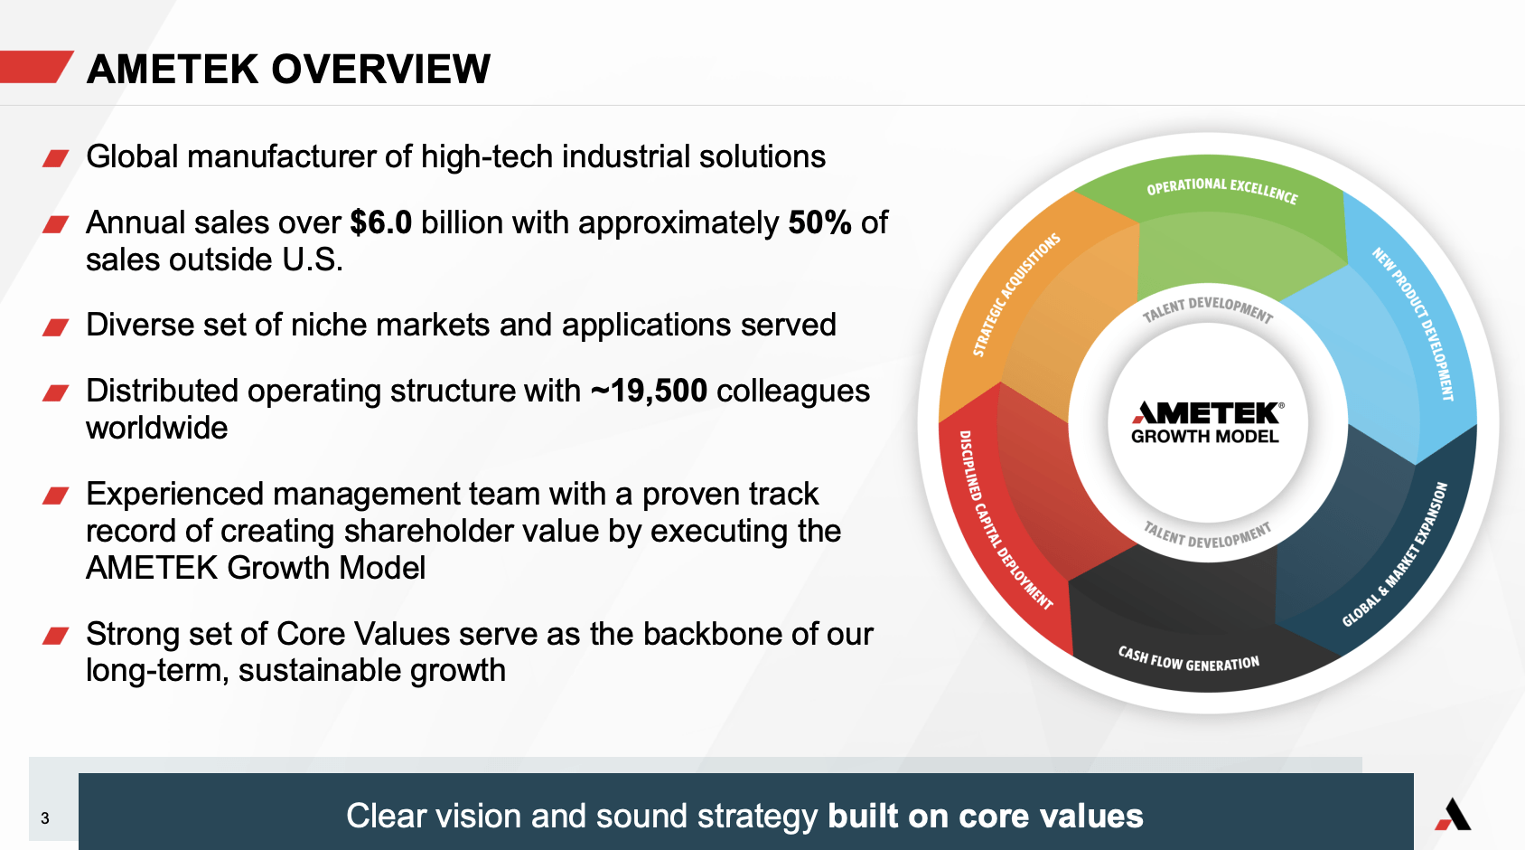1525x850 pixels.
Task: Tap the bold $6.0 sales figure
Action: [x=381, y=222]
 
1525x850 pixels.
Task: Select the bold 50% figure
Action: [x=819, y=222]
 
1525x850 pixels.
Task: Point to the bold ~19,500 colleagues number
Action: [x=649, y=392]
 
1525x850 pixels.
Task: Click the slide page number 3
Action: [x=45, y=818]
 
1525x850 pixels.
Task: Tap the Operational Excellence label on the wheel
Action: [x=1222, y=190]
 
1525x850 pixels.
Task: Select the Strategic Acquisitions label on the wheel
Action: [x=1015, y=295]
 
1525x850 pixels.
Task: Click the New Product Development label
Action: [x=1413, y=324]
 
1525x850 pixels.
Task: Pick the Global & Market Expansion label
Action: [x=1395, y=554]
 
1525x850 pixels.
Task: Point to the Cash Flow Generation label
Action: [x=1189, y=660]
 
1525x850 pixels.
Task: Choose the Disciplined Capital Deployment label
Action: [x=1005, y=520]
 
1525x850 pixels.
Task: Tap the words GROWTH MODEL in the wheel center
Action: [x=1205, y=437]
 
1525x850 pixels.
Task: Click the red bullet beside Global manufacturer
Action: [x=56, y=159]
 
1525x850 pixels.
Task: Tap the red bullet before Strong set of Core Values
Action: [x=56, y=636]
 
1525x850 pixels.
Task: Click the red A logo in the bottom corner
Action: [x=1453, y=814]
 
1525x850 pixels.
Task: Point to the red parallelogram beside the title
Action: [x=34, y=67]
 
